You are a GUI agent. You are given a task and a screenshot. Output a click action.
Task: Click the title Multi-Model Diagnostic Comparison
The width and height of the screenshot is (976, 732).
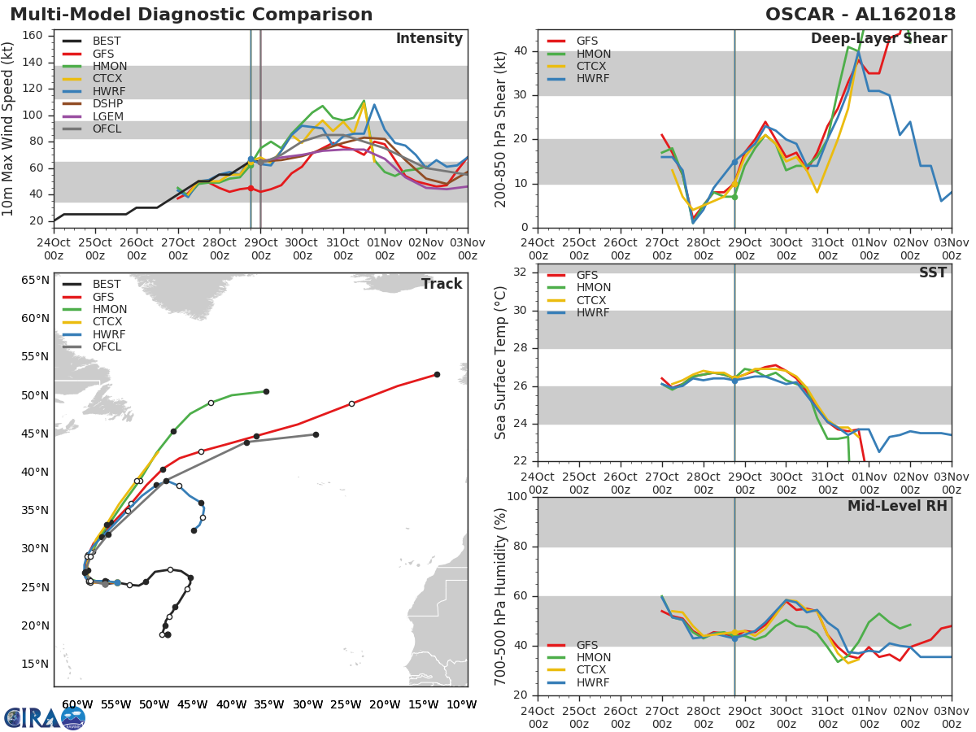[x=191, y=15]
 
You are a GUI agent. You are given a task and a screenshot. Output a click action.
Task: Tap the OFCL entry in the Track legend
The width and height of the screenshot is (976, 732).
[x=107, y=347]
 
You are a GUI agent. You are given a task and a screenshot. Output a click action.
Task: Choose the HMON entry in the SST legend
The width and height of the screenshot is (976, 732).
[x=593, y=288]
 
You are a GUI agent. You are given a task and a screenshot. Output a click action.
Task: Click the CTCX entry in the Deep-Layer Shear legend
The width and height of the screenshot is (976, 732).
[x=592, y=66]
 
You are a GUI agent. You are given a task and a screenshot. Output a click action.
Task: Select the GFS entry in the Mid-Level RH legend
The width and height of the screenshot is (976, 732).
[x=586, y=645]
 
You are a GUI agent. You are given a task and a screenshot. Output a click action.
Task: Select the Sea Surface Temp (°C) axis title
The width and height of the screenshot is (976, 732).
[x=502, y=362]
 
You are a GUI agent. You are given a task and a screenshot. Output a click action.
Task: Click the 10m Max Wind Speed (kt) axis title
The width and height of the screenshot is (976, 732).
[x=9, y=130]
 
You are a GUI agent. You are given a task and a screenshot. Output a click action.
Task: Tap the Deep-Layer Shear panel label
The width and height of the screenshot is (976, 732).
[x=878, y=39]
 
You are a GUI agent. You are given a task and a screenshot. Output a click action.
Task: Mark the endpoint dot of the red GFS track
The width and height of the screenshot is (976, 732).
[x=437, y=374]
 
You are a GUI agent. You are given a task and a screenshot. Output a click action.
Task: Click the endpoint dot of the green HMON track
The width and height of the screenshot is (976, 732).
[x=266, y=391]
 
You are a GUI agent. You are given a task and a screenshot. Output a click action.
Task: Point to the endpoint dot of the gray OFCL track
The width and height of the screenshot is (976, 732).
[x=316, y=434]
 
